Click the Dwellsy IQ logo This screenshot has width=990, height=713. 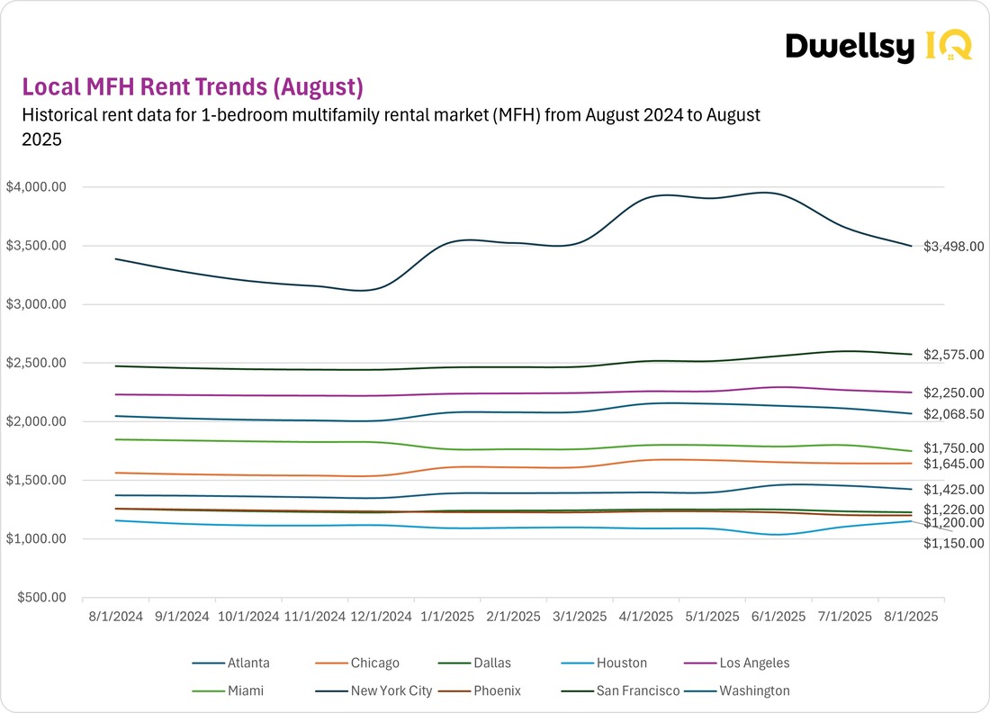[877, 46]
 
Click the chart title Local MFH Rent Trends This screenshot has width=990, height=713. [192, 87]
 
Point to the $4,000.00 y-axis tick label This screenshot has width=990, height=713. [36, 187]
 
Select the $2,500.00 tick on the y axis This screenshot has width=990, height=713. [36, 363]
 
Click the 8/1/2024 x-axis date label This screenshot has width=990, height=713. [116, 617]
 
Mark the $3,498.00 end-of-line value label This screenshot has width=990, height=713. [953, 247]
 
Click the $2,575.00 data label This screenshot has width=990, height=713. [953, 355]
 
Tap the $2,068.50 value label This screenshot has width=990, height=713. [953, 413]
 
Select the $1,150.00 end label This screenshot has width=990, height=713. [953, 543]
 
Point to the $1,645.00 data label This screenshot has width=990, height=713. [953, 464]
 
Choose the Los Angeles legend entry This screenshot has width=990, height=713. [754, 663]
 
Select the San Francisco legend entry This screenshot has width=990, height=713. [634, 691]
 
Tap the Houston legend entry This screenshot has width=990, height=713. [621, 663]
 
